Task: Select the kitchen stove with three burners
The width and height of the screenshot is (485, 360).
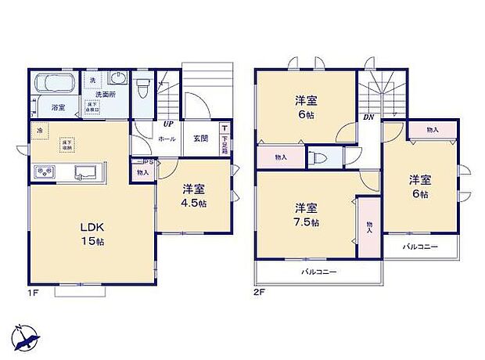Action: click(44, 172)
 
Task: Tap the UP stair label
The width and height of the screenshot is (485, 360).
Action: click(167, 124)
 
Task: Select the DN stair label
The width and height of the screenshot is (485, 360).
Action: click(368, 117)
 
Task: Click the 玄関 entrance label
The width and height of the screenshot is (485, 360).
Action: click(200, 139)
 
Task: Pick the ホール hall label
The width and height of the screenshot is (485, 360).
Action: click(167, 139)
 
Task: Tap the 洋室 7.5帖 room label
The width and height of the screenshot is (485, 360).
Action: click(306, 214)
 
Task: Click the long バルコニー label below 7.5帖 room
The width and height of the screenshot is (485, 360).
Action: click(319, 272)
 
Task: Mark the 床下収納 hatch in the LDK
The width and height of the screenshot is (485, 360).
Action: click(68, 144)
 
